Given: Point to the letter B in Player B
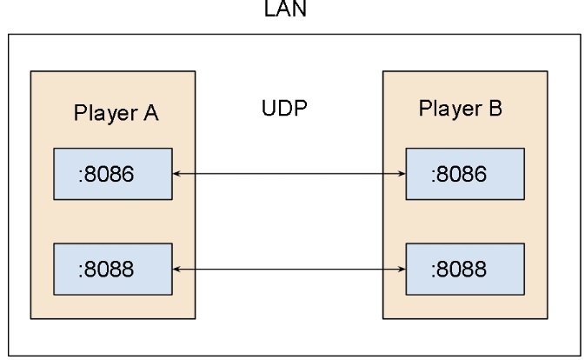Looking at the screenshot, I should [x=494, y=110].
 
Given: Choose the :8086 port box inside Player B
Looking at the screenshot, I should [x=465, y=174].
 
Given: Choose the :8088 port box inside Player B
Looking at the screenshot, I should [x=465, y=269].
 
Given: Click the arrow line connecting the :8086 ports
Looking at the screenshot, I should [x=289, y=175].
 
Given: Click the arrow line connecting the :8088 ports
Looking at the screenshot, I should [x=289, y=269].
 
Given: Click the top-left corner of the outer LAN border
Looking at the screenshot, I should [x=10, y=35].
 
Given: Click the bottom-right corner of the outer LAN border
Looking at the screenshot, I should [x=579, y=354].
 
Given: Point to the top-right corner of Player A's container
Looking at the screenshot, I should [x=195, y=71].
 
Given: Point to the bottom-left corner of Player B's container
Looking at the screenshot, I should [x=382, y=322].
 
